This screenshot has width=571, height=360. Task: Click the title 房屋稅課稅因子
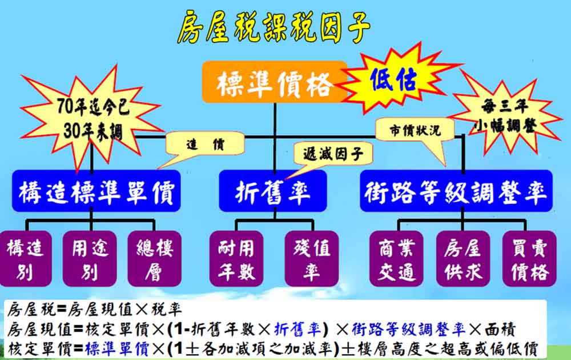click(x=274, y=26)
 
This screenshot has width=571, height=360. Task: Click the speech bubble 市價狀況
click(x=415, y=130)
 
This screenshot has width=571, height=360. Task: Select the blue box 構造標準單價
click(x=96, y=191)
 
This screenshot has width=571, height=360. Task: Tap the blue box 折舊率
click(x=273, y=191)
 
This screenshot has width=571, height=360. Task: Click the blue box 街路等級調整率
click(x=456, y=191)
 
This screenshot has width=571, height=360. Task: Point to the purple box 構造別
click(x=26, y=258)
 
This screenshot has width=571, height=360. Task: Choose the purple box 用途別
click(x=90, y=258)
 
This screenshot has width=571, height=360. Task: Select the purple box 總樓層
click(x=154, y=258)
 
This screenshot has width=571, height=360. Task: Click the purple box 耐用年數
click(x=236, y=258)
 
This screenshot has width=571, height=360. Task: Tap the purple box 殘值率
click(x=312, y=258)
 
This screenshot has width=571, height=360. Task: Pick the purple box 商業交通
click(x=396, y=258)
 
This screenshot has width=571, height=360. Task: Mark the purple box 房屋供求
click(x=463, y=258)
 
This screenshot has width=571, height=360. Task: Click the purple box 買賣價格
click(x=529, y=258)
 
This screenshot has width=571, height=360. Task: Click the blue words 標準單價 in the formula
click(x=117, y=349)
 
